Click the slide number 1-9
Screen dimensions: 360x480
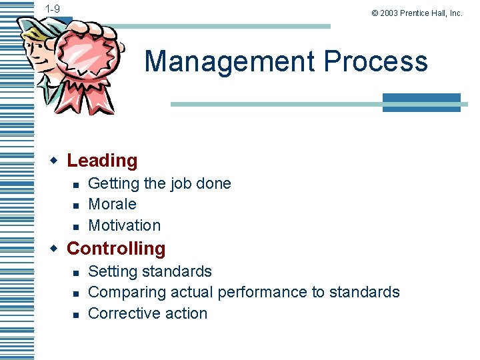pos(53,9)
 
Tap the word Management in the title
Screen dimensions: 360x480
pos(229,61)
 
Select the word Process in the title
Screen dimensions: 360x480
pos(375,61)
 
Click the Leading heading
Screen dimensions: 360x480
pos(102,161)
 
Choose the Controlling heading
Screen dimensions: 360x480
pos(116,249)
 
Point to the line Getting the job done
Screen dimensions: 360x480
pos(159,183)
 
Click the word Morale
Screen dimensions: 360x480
pos(112,204)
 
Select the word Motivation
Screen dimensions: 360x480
pos(124,225)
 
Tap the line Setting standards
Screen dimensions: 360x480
pos(150,271)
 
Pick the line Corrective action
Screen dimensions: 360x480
pos(147,313)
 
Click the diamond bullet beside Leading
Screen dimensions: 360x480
pos(55,160)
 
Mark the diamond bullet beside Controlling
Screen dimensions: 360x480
pos(55,248)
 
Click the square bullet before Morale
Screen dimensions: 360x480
pos(76,205)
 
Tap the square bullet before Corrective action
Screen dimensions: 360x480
pos(76,314)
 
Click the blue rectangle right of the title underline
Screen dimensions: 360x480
pos(421,102)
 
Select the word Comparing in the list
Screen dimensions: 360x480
pos(127,292)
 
